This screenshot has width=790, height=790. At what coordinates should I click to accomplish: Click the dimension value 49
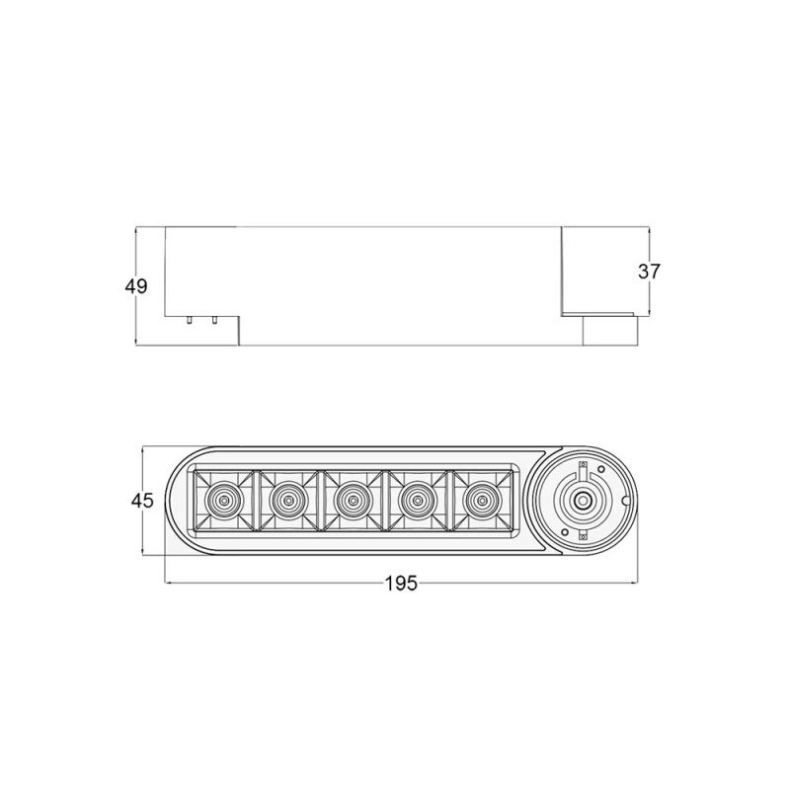pos(136,286)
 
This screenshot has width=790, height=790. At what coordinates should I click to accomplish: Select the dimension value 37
pos(649,272)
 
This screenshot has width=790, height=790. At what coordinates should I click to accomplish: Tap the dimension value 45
pos(142,501)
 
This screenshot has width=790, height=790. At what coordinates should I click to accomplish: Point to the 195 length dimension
pos(401,584)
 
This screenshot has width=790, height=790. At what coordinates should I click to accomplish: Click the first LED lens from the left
pos(223,501)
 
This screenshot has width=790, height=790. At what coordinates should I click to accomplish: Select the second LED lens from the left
pos(288,501)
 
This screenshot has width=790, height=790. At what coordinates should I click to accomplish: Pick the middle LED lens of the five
pos(354,501)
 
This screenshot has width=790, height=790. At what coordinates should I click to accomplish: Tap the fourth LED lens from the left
pos(417,501)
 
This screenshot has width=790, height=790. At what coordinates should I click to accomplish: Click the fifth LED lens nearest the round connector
pos(482,501)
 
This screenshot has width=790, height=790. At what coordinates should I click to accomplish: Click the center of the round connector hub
pos(584,501)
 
